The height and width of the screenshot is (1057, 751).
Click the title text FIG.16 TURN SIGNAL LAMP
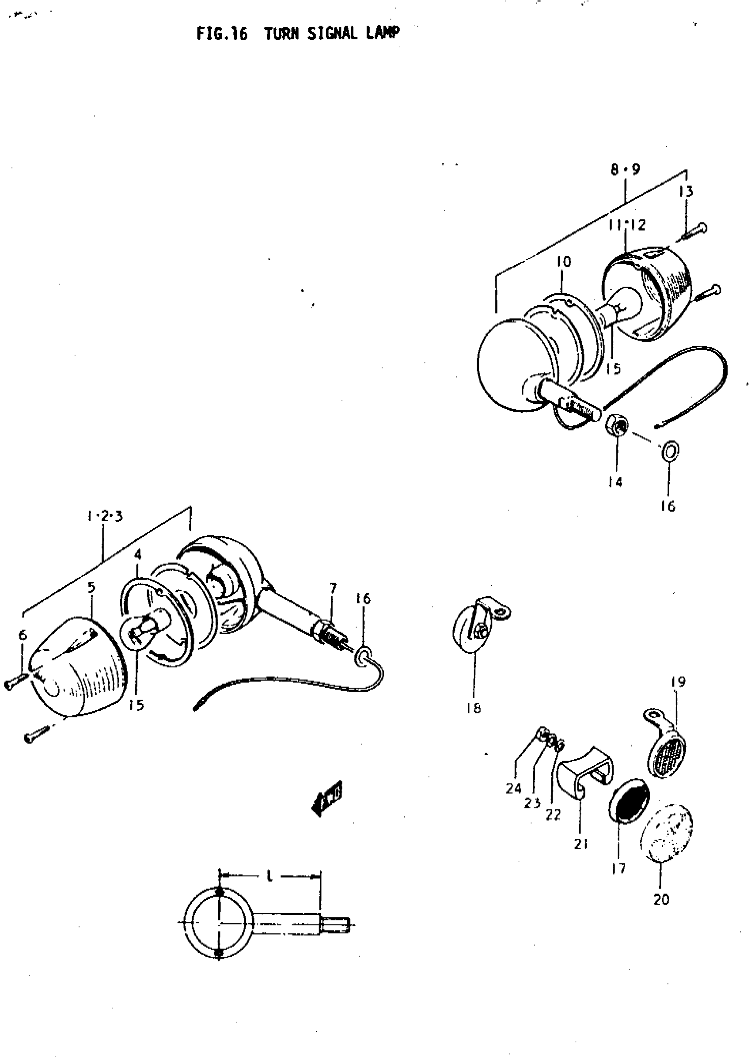pyautogui.click(x=298, y=34)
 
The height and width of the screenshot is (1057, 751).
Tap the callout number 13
pyautogui.click(x=686, y=191)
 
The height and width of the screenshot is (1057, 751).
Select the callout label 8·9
pyautogui.click(x=625, y=170)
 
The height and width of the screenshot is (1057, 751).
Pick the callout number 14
pyautogui.click(x=615, y=482)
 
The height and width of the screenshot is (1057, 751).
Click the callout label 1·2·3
pyautogui.click(x=105, y=516)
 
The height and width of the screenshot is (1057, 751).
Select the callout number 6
pyautogui.click(x=23, y=635)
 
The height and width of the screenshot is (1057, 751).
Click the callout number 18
pyautogui.click(x=474, y=708)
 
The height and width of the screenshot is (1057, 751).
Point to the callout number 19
pyautogui.click(x=678, y=682)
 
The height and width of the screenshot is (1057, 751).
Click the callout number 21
pyautogui.click(x=581, y=844)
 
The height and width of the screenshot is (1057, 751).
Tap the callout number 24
pyautogui.click(x=513, y=788)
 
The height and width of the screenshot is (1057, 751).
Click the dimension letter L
pyautogui.click(x=270, y=875)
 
